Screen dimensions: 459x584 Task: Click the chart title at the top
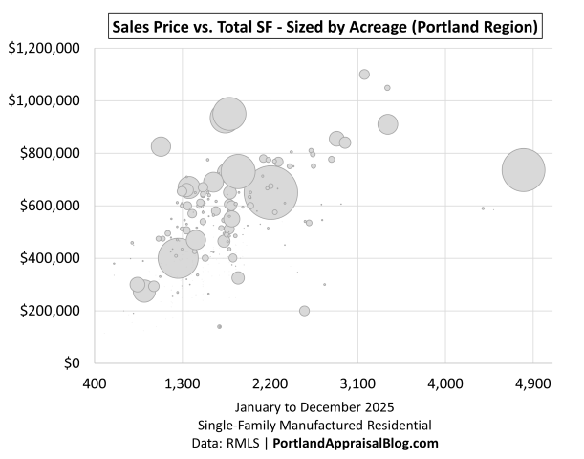pyautogui.click(x=324, y=26)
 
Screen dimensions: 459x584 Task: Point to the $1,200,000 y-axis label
pyautogui.click(x=44, y=48)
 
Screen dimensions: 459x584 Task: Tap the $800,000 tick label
pyautogui.click(x=48, y=153)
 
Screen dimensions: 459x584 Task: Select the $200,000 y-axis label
pyautogui.click(x=48, y=311)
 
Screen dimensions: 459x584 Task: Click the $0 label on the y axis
pyautogui.click(x=72, y=363)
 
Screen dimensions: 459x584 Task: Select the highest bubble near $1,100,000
pyautogui.click(x=364, y=75)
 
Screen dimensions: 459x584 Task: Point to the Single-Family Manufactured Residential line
pyautogui.click(x=314, y=425)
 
